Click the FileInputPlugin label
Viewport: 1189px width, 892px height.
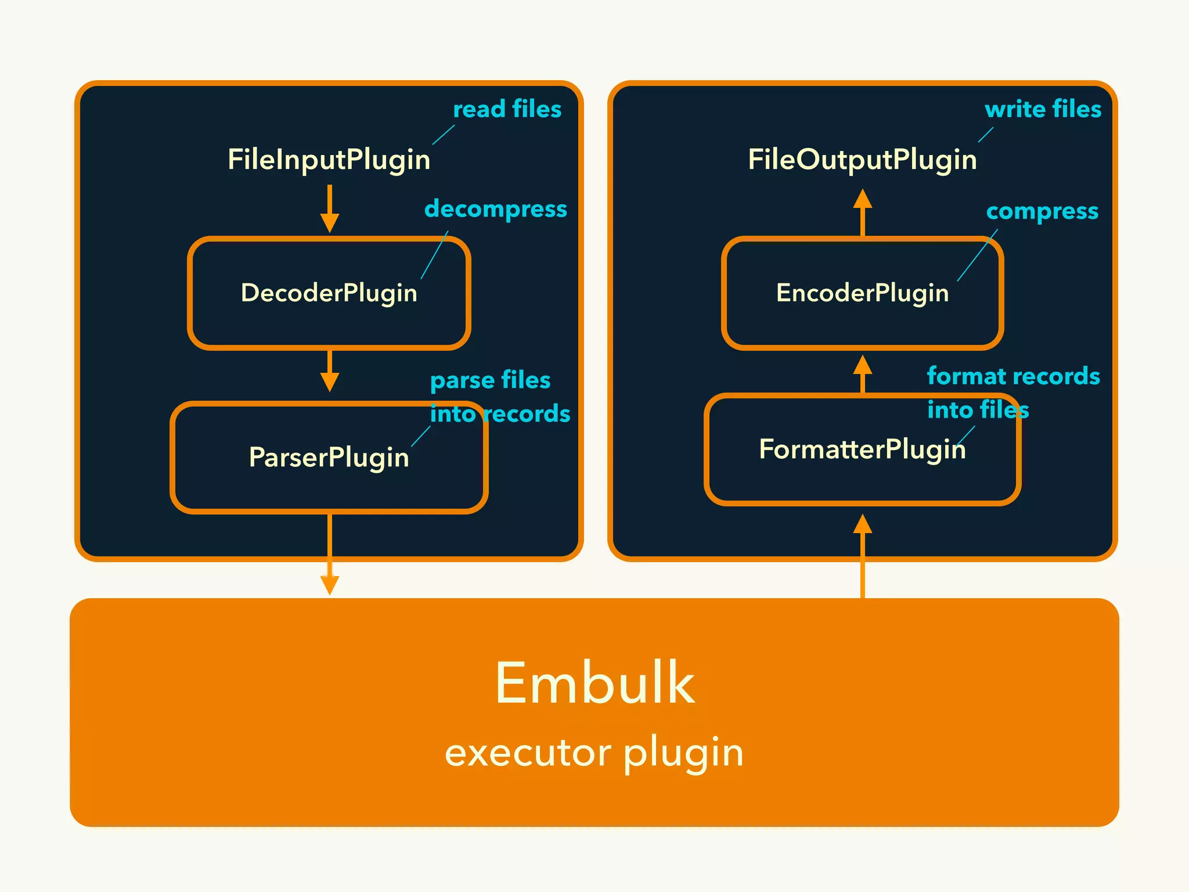pos(329,160)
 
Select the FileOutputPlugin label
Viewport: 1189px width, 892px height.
pos(862,160)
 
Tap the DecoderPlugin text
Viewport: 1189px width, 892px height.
pos(329,293)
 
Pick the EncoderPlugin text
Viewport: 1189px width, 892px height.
pos(862,293)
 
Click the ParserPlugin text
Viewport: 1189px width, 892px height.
pos(329,457)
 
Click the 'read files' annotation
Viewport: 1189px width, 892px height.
pos(507,109)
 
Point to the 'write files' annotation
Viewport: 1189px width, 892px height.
pos(1043,109)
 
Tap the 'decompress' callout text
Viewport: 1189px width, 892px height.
pos(495,209)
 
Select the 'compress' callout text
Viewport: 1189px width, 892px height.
pos(1042,211)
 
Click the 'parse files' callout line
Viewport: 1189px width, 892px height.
pos(490,380)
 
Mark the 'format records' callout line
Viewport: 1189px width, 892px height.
pos(1013,376)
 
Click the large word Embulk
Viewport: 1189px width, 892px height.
pos(594,684)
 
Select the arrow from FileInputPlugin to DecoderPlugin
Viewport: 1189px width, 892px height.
pos(329,209)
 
